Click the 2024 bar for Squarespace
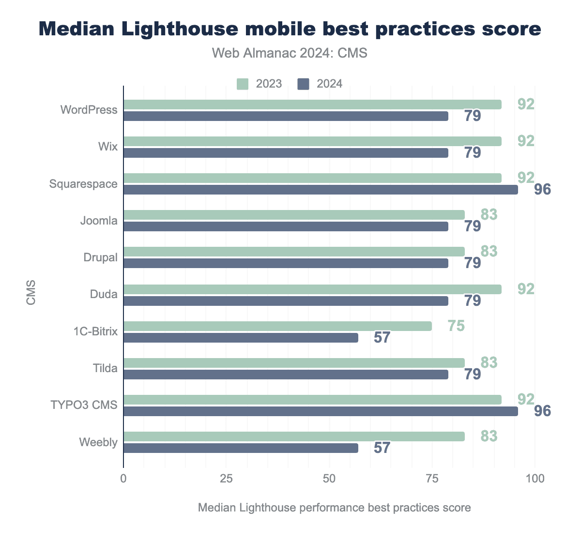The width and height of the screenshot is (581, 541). [x=321, y=190]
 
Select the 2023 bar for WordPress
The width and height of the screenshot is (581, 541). [x=312, y=105]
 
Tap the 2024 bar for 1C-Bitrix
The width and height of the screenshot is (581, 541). [x=241, y=338]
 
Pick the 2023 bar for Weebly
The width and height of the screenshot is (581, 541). [x=294, y=436]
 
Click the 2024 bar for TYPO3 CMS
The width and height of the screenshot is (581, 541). [x=321, y=411]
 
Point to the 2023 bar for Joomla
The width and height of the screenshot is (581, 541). [x=294, y=215]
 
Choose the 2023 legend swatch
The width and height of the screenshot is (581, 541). [x=243, y=84]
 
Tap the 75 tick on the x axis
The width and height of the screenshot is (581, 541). [x=432, y=479]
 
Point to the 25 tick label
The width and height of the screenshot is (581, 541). [x=226, y=479]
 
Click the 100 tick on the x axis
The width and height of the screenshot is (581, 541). [x=535, y=479]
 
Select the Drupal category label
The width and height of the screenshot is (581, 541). [x=100, y=257]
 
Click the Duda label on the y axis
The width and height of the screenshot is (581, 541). [x=104, y=294]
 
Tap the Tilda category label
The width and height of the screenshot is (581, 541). [x=105, y=369]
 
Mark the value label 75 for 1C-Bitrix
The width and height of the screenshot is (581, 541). [x=456, y=326]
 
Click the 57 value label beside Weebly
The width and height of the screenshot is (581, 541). [x=382, y=448]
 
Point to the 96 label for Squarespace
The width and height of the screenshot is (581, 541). [x=543, y=190]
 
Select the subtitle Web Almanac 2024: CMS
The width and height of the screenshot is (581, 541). [x=290, y=53]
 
